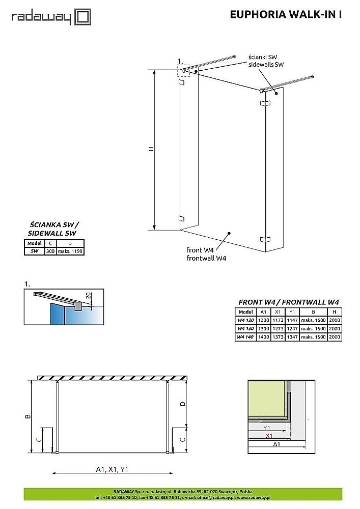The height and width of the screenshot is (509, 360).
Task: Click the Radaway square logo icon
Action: tap(82, 17)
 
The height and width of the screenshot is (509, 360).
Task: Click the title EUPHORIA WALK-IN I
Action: tap(286, 15)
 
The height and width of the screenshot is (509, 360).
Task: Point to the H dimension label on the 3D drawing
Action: tap(151, 149)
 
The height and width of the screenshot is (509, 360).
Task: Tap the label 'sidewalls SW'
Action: tap(266, 65)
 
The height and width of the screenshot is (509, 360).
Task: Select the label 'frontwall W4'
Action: tap(206, 258)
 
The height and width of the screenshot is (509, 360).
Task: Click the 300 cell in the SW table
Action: tap(50, 251)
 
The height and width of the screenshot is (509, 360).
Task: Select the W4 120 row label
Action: tap(245, 320)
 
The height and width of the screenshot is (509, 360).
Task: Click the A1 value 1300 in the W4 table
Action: tap(263, 329)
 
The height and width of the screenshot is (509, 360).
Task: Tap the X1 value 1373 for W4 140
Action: tap(277, 337)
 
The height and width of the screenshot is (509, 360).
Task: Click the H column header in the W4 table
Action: tap(334, 312)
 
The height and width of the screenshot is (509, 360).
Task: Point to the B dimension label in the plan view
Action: tap(28, 416)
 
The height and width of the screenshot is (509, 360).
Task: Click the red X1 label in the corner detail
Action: tap(268, 436)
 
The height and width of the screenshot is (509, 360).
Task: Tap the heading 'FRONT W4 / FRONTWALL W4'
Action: tap(289, 302)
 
